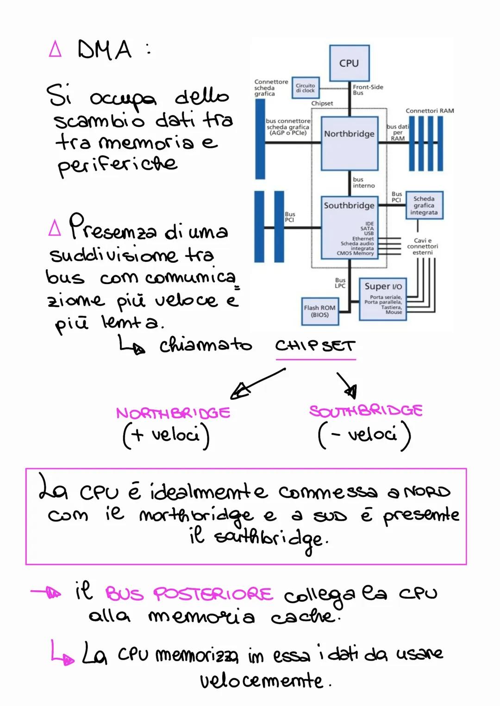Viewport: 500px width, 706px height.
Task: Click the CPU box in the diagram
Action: coord(349,63)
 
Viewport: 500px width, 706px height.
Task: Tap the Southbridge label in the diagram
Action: coord(349,205)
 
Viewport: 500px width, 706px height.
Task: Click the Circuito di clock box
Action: coord(306,87)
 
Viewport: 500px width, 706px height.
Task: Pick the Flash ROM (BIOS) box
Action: coord(319,311)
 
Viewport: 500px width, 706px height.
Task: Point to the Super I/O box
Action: coord(383,299)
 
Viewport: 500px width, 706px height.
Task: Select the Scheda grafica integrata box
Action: coord(424,205)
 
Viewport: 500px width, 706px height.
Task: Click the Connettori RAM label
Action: coord(430,111)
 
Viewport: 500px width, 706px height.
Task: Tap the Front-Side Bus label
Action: coord(368,90)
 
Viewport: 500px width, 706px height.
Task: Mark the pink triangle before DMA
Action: coord(55,49)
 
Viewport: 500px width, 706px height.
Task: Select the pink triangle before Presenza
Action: coord(55,228)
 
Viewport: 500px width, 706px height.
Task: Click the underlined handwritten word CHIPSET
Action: coord(315,346)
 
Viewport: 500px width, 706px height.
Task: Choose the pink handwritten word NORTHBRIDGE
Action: coord(173,413)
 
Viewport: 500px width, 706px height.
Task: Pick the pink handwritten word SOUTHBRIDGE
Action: coord(366,410)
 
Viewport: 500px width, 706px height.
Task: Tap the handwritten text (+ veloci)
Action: coord(166,435)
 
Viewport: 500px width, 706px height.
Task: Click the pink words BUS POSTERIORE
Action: coord(189,594)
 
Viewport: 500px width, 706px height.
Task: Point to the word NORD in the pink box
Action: coord(427,492)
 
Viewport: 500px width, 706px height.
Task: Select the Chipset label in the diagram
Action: coord(322,104)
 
